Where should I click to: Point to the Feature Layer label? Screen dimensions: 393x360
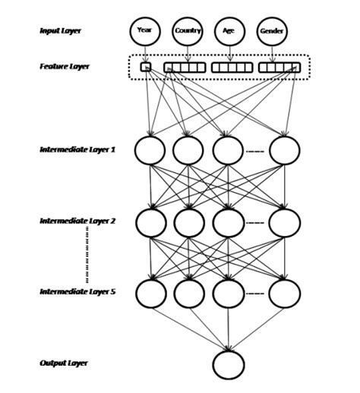click(x=65, y=67)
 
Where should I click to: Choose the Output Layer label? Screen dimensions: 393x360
click(x=64, y=363)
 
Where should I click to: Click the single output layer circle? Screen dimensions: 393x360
click(x=229, y=365)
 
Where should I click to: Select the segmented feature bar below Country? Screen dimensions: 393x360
click(x=185, y=68)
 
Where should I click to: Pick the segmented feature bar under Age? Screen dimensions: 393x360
click(x=230, y=68)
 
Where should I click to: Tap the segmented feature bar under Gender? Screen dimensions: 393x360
click(x=279, y=68)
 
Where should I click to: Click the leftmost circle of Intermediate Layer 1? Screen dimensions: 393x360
click(x=150, y=150)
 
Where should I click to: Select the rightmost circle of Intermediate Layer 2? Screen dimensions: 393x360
click(x=284, y=222)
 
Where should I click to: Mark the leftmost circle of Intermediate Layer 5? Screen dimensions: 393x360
click(x=150, y=293)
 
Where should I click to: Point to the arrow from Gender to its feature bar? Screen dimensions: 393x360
click(x=272, y=53)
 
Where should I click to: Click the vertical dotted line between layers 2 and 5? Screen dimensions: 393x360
click(x=87, y=256)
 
